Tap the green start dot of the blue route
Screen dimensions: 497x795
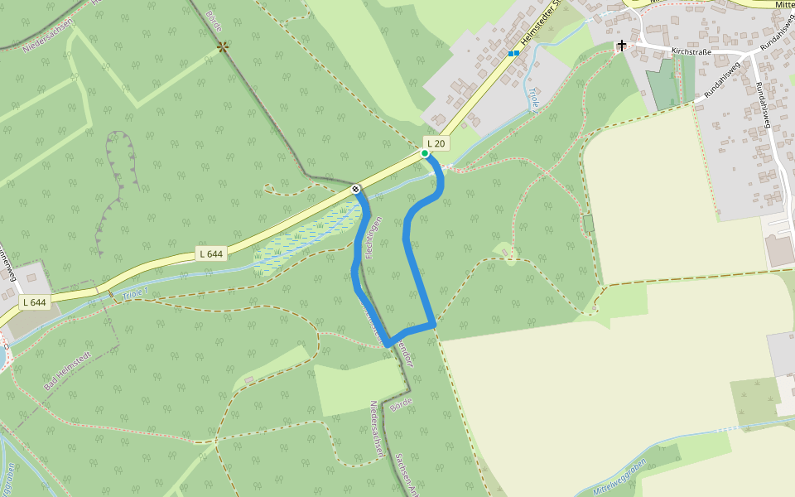(425, 153)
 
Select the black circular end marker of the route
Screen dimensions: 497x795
(355, 190)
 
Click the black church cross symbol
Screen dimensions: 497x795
(621, 45)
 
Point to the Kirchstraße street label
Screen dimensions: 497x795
(691, 51)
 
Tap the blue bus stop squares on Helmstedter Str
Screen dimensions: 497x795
(513, 54)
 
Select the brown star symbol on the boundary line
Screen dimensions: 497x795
(223, 47)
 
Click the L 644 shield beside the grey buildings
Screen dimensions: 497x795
(34, 302)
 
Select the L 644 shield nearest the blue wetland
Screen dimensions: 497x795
(210, 253)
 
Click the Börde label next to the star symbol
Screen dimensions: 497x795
(214, 22)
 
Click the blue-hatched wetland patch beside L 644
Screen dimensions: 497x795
(306, 240)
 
